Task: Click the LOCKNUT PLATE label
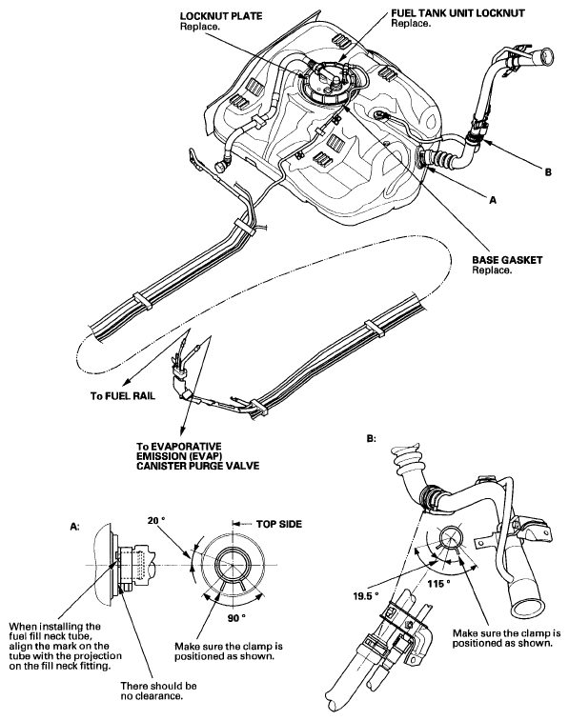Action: (x=221, y=16)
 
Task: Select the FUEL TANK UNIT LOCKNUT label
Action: (x=457, y=13)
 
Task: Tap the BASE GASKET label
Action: (x=507, y=260)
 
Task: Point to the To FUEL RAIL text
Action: (x=123, y=396)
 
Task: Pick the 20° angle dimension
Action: (x=156, y=521)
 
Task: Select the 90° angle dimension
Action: (x=236, y=617)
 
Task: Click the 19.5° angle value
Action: (x=366, y=596)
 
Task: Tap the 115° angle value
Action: (x=438, y=584)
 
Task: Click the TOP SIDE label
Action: (x=279, y=524)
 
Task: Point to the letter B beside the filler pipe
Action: (x=548, y=172)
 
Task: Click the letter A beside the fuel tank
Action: (x=493, y=200)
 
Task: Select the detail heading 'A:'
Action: (x=74, y=527)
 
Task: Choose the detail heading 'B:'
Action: (x=371, y=439)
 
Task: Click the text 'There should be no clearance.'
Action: (x=159, y=691)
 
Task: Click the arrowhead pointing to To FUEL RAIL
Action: (x=126, y=381)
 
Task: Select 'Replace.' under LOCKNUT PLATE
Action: (x=199, y=27)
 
